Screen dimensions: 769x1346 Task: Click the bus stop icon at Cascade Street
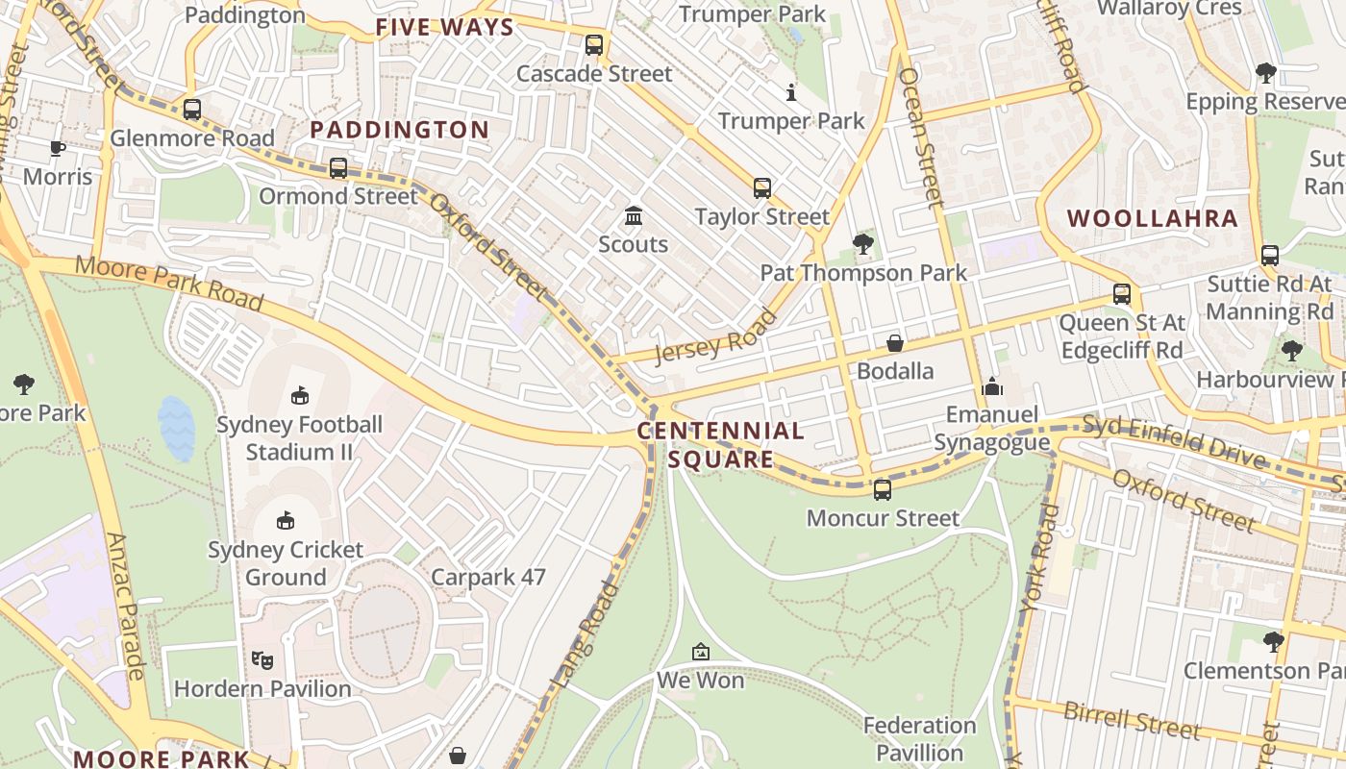click(x=594, y=44)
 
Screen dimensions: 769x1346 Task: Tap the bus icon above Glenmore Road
click(x=192, y=110)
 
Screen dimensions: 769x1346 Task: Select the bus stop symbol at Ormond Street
click(x=338, y=168)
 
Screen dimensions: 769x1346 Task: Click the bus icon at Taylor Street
click(x=762, y=188)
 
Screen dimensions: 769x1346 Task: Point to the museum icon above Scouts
click(x=634, y=215)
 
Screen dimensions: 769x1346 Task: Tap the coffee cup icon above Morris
click(x=58, y=148)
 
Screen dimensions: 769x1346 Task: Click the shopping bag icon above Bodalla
click(x=895, y=343)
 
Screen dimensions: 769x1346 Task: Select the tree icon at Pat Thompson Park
click(x=863, y=244)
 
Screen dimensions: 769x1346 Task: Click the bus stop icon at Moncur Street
click(x=883, y=490)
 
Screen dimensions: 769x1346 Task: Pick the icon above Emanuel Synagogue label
click(x=992, y=387)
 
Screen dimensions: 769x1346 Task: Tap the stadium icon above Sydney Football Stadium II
click(x=300, y=395)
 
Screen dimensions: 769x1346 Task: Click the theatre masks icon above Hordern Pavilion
click(x=262, y=660)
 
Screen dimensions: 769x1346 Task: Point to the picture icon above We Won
click(x=701, y=653)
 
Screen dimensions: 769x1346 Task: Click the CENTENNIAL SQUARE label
click(x=721, y=445)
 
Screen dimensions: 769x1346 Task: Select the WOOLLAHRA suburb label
click(x=1153, y=218)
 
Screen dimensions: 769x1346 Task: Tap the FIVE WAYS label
click(x=445, y=27)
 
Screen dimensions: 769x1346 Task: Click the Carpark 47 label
click(x=488, y=578)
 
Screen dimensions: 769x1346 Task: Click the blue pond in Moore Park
click(x=177, y=429)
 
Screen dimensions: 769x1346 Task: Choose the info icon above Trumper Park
click(x=791, y=92)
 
